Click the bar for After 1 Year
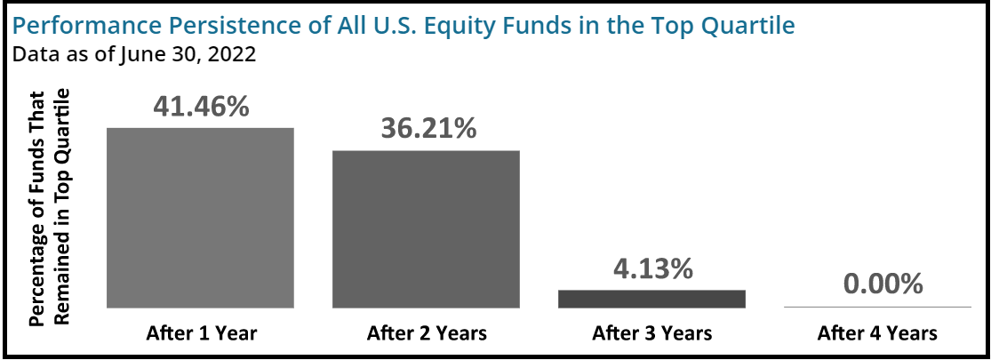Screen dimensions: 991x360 point(200,218)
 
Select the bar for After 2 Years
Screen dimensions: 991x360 point(426,229)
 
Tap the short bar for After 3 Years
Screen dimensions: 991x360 point(651,300)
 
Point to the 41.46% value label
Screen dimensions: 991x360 point(201,107)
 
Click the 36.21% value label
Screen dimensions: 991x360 point(428,129)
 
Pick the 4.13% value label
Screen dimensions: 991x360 point(653,268)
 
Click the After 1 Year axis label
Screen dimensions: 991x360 point(202,332)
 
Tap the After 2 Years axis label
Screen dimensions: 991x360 point(427,332)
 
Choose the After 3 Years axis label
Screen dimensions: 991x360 point(652,332)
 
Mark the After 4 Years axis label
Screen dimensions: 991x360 point(877,332)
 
